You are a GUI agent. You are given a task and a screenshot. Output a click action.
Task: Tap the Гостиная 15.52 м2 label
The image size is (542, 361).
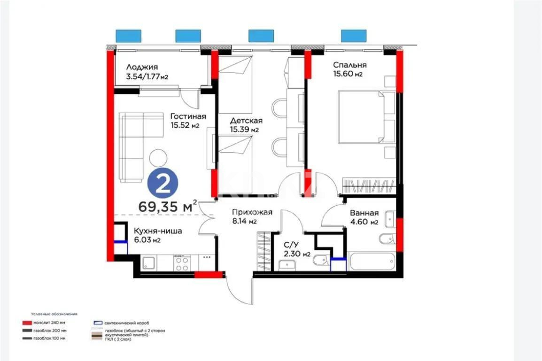pyautogui.click(x=188, y=121)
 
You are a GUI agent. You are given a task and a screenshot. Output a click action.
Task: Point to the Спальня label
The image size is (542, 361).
pyautogui.click(x=350, y=69)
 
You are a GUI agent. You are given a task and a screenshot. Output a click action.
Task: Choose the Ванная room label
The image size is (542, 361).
pyautogui.click(x=364, y=217)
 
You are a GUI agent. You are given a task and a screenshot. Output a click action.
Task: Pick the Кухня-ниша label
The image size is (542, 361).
pyautogui.click(x=158, y=235)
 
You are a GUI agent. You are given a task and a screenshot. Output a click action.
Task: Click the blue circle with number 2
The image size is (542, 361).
pyautogui.click(x=163, y=184)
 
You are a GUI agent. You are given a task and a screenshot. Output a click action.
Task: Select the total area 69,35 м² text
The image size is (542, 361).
pyautogui.click(x=167, y=206)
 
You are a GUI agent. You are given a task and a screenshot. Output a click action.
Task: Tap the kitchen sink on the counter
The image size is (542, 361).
pyautogui.click(x=150, y=263)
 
